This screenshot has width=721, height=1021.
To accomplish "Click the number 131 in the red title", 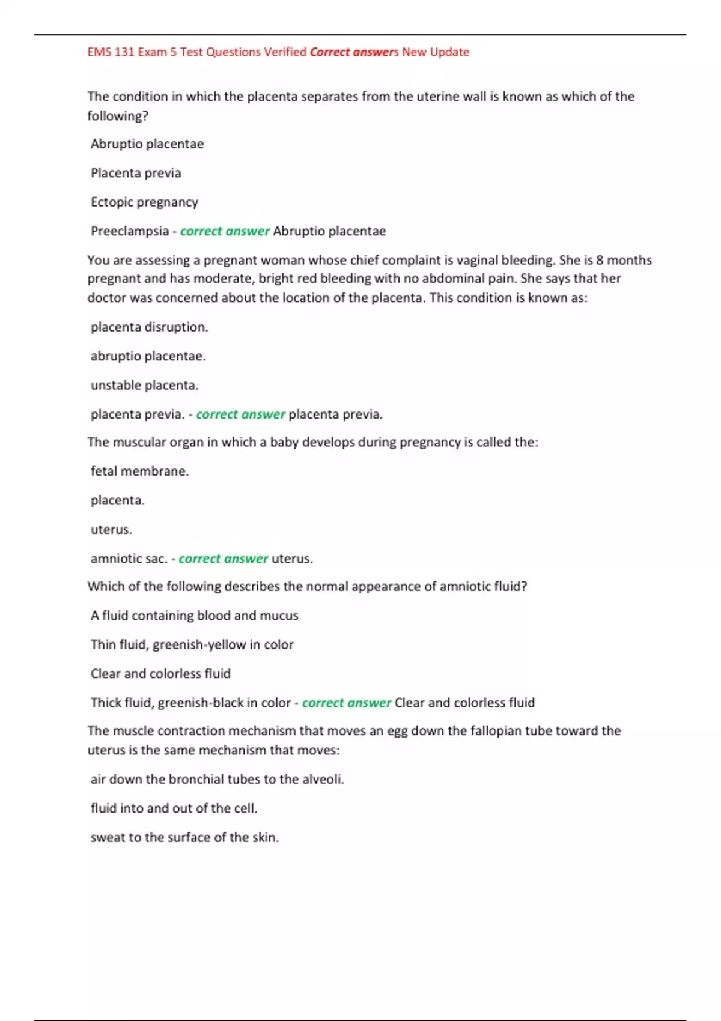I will (124, 52).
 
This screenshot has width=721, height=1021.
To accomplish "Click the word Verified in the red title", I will (285, 52).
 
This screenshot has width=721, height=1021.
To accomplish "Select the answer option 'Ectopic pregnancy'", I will (144, 202).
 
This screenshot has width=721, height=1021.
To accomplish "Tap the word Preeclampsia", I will (130, 231).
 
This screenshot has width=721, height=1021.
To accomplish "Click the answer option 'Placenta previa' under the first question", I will (136, 173).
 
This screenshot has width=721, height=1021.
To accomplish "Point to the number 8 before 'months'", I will (600, 260).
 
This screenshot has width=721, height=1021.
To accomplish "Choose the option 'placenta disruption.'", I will (149, 327).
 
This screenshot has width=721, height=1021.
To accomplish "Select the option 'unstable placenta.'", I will (144, 385).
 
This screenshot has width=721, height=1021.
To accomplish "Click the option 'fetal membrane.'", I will (139, 471).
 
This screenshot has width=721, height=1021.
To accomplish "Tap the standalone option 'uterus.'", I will (111, 530).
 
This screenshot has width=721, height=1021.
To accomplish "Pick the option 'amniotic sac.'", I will (129, 559).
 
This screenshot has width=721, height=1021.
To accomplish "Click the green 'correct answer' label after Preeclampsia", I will (225, 231).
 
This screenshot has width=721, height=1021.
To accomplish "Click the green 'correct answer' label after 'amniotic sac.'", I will (223, 559).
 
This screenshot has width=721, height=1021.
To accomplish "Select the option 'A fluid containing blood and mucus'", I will (194, 616).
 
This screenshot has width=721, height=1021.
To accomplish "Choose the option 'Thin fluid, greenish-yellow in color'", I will (192, 645).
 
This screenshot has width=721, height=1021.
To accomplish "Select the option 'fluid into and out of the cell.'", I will (174, 808).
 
